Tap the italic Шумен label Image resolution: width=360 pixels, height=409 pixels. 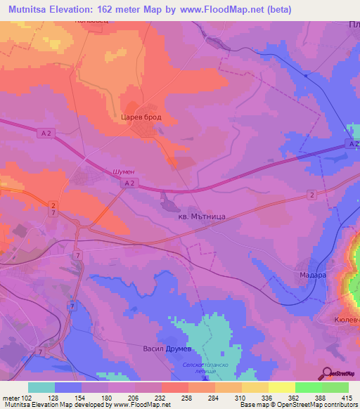point(123,171)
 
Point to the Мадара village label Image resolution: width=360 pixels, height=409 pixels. point(312,275)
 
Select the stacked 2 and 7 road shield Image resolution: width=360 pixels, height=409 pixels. point(53,208)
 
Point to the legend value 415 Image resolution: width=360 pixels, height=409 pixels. point(348,398)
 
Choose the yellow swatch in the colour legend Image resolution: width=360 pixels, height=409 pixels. point(281,387)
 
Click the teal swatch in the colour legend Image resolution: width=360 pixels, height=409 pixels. point(41,387)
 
